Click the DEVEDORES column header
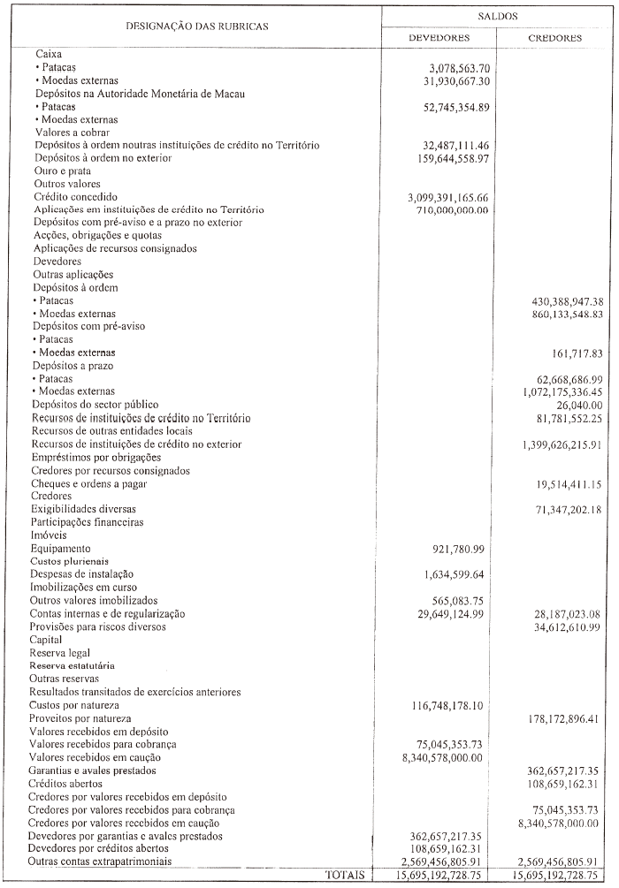(439, 38)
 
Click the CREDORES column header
(554, 38)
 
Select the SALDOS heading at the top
(496, 16)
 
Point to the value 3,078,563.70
(459, 68)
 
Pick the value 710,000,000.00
(454, 210)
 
